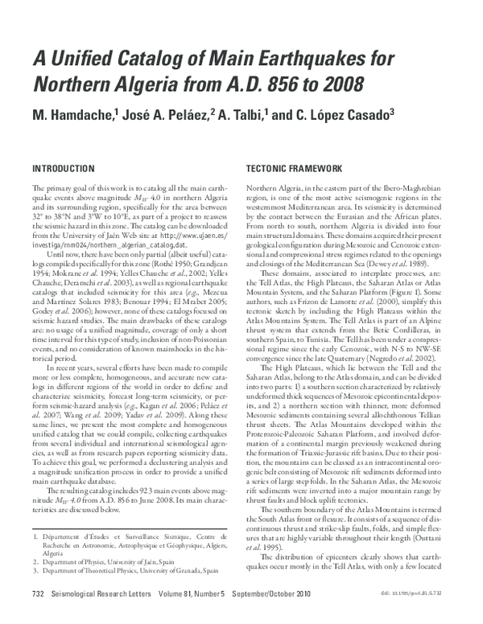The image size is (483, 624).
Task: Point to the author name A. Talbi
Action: pos(245,116)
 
